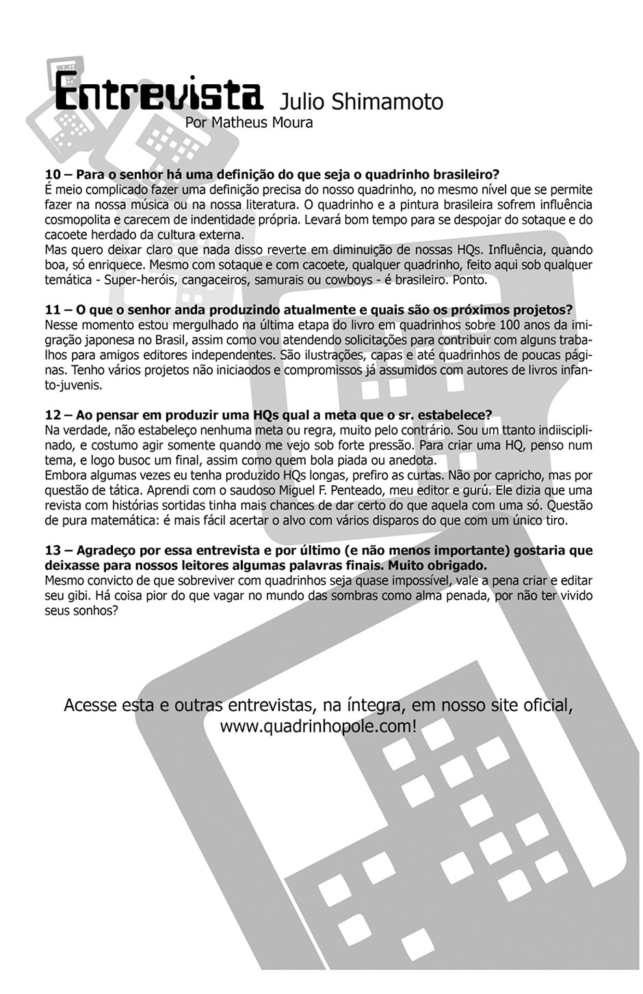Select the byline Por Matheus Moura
click(x=249, y=123)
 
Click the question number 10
click(x=53, y=174)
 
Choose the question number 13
click(x=53, y=550)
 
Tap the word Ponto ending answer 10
click(x=468, y=280)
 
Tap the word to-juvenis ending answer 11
click(x=73, y=385)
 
